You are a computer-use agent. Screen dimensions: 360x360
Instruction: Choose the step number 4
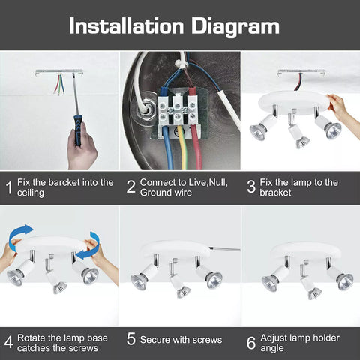tap(8, 343)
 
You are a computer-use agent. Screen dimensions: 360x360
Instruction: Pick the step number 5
tap(130, 343)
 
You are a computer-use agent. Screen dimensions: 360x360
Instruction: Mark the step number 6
tap(251, 343)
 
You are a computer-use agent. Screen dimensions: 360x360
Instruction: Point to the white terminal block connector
tap(179, 109)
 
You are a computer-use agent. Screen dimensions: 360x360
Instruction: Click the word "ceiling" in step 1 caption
tap(32, 193)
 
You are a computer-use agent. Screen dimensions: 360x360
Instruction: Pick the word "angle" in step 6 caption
tap(272, 348)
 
